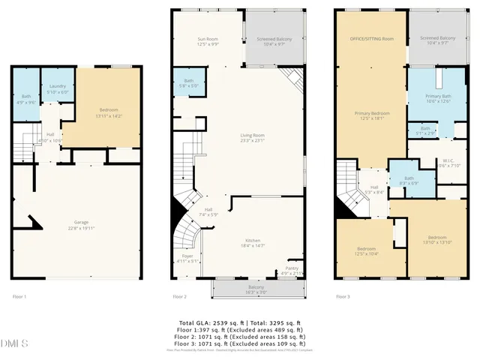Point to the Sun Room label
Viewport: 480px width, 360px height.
coord(207,41)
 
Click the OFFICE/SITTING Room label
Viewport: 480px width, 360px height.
coord(371,38)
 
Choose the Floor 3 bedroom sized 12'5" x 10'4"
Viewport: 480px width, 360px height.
coord(366,250)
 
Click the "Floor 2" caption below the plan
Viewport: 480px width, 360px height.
coord(180,297)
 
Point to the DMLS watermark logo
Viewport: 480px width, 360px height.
coord(15,344)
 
